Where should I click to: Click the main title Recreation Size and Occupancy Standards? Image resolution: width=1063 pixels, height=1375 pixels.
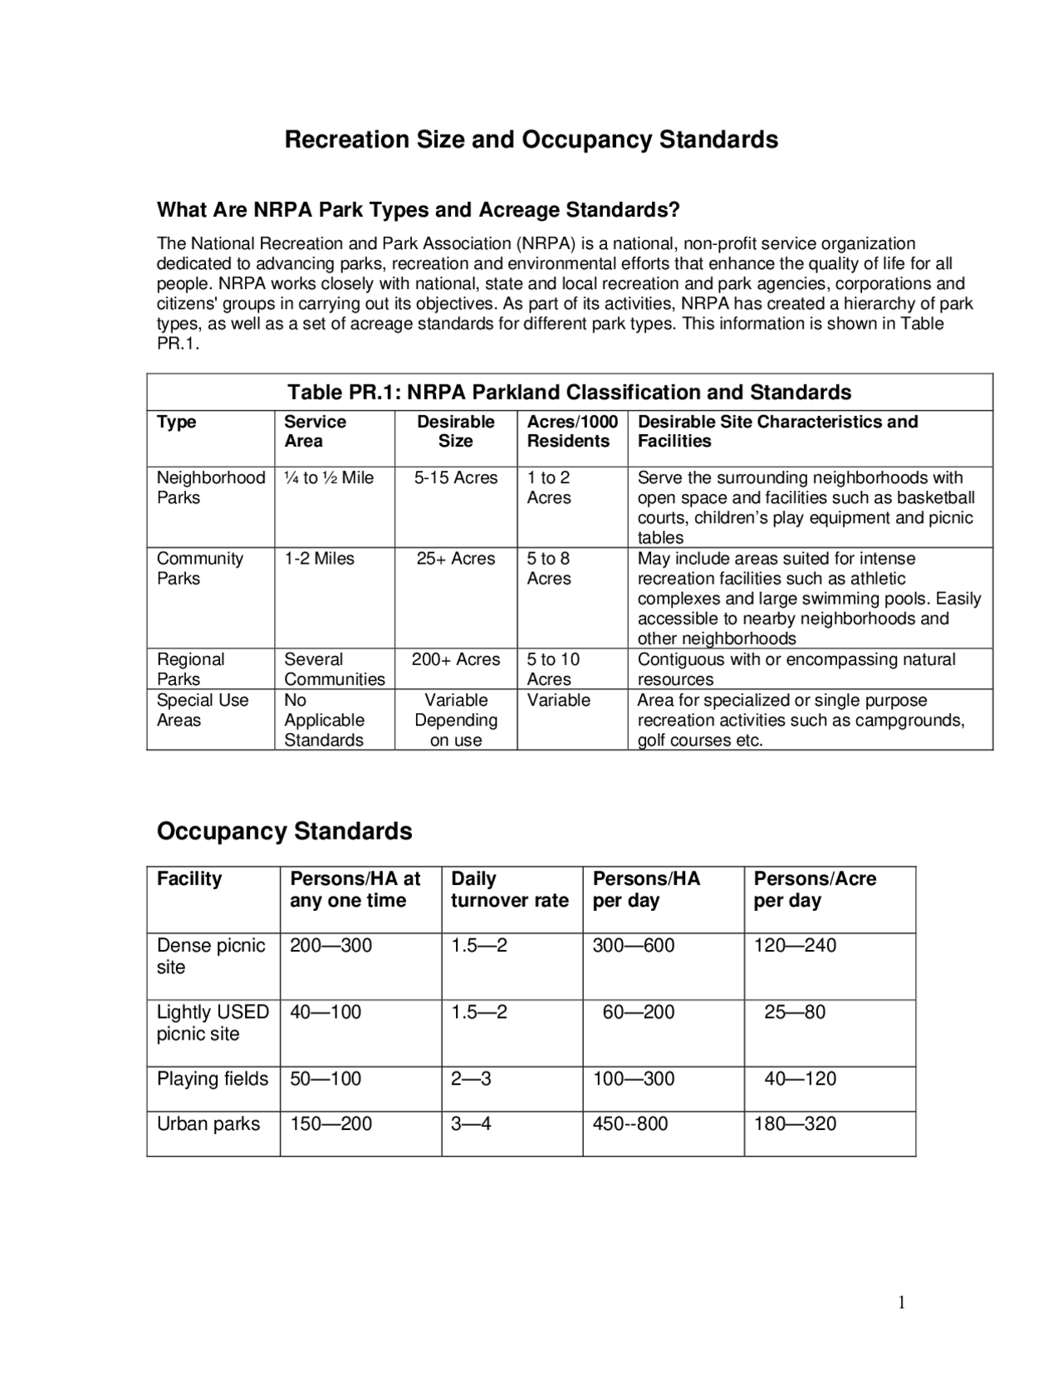[531, 139]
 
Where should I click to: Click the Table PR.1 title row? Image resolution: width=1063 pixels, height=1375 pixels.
[569, 392]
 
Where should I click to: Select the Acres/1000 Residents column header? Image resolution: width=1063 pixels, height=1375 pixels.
[572, 432]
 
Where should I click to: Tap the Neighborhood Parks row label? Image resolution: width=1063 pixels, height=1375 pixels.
[211, 487]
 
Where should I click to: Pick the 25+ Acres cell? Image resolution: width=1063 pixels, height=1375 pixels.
[455, 559]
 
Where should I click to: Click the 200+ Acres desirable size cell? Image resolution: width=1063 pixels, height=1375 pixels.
[455, 660]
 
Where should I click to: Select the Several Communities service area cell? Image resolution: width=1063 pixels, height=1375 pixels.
[334, 669]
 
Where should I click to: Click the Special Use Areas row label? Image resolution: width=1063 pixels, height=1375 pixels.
[203, 710]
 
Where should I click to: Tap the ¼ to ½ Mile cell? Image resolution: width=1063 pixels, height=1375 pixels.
[329, 478]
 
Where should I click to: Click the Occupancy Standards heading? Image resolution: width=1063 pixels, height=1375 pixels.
[284, 831]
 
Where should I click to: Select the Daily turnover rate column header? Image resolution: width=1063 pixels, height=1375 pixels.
[509, 889]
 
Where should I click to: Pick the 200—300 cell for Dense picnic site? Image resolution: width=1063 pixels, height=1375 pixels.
[331, 946]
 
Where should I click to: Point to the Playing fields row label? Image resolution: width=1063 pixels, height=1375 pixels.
[213, 1079]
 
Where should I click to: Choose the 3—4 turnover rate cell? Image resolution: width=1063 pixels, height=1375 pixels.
[471, 1124]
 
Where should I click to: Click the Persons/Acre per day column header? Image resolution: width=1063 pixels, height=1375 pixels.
[814, 889]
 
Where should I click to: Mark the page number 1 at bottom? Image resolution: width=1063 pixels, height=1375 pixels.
[901, 1303]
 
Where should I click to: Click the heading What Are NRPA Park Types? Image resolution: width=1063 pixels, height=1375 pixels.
[418, 210]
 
